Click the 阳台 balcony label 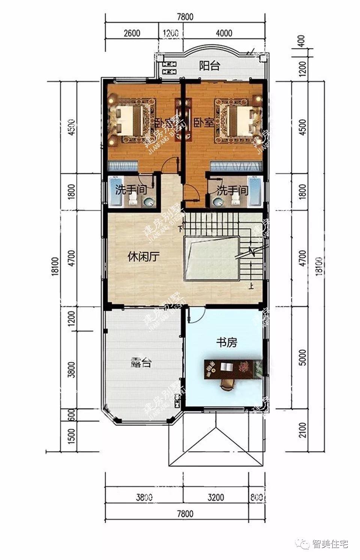[x=209, y=66]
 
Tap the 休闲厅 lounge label [x=144, y=257]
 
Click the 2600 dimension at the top [x=132, y=33]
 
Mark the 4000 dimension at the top [x=224, y=33]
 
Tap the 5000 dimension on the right [x=303, y=358]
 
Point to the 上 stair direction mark [x=250, y=287]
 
